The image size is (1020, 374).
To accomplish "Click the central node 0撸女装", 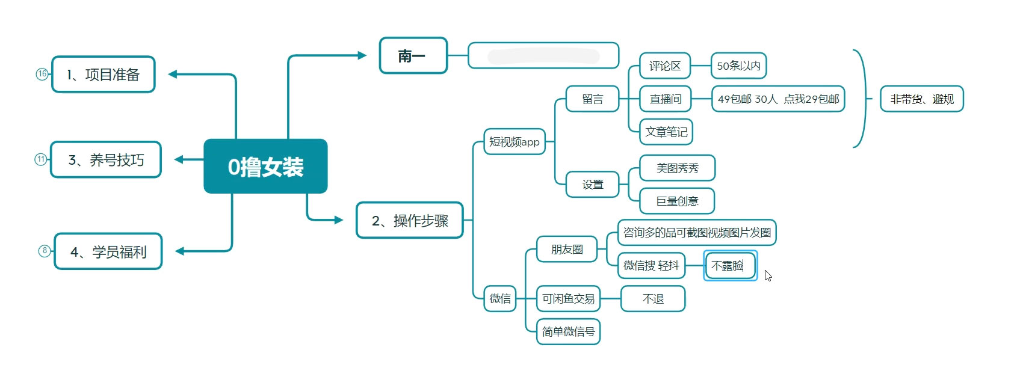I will (x=265, y=167).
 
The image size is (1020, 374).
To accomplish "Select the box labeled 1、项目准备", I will (x=104, y=75).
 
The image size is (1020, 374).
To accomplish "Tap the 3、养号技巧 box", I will (x=106, y=160).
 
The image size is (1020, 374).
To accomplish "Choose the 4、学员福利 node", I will (x=108, y=251).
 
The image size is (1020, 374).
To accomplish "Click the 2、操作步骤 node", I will (x=410, y=221).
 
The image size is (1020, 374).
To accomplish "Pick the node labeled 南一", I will (x=413, y=56).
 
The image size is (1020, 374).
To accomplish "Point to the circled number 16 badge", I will (x=42, y=74).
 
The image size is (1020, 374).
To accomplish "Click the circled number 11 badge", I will (x=40, y=159).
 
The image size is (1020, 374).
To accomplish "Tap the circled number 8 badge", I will (x=45, y=251).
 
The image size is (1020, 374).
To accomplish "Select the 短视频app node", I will (x=515, y=142).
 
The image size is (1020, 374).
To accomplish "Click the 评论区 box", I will (x=664, y=66).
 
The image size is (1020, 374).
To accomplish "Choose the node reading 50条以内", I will (x=738, y=66).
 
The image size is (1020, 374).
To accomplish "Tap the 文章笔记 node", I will (x=666, y=132).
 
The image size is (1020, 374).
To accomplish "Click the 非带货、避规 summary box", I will (x=922, y=99).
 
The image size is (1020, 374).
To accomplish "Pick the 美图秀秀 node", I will (x=677, y=168).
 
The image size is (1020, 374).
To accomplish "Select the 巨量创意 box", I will (x=677, y=201).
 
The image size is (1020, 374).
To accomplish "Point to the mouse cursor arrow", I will (x=768, y=275).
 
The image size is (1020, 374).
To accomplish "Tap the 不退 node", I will (x=653, y=299).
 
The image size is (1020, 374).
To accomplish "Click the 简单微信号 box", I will (x=568, y=331).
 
